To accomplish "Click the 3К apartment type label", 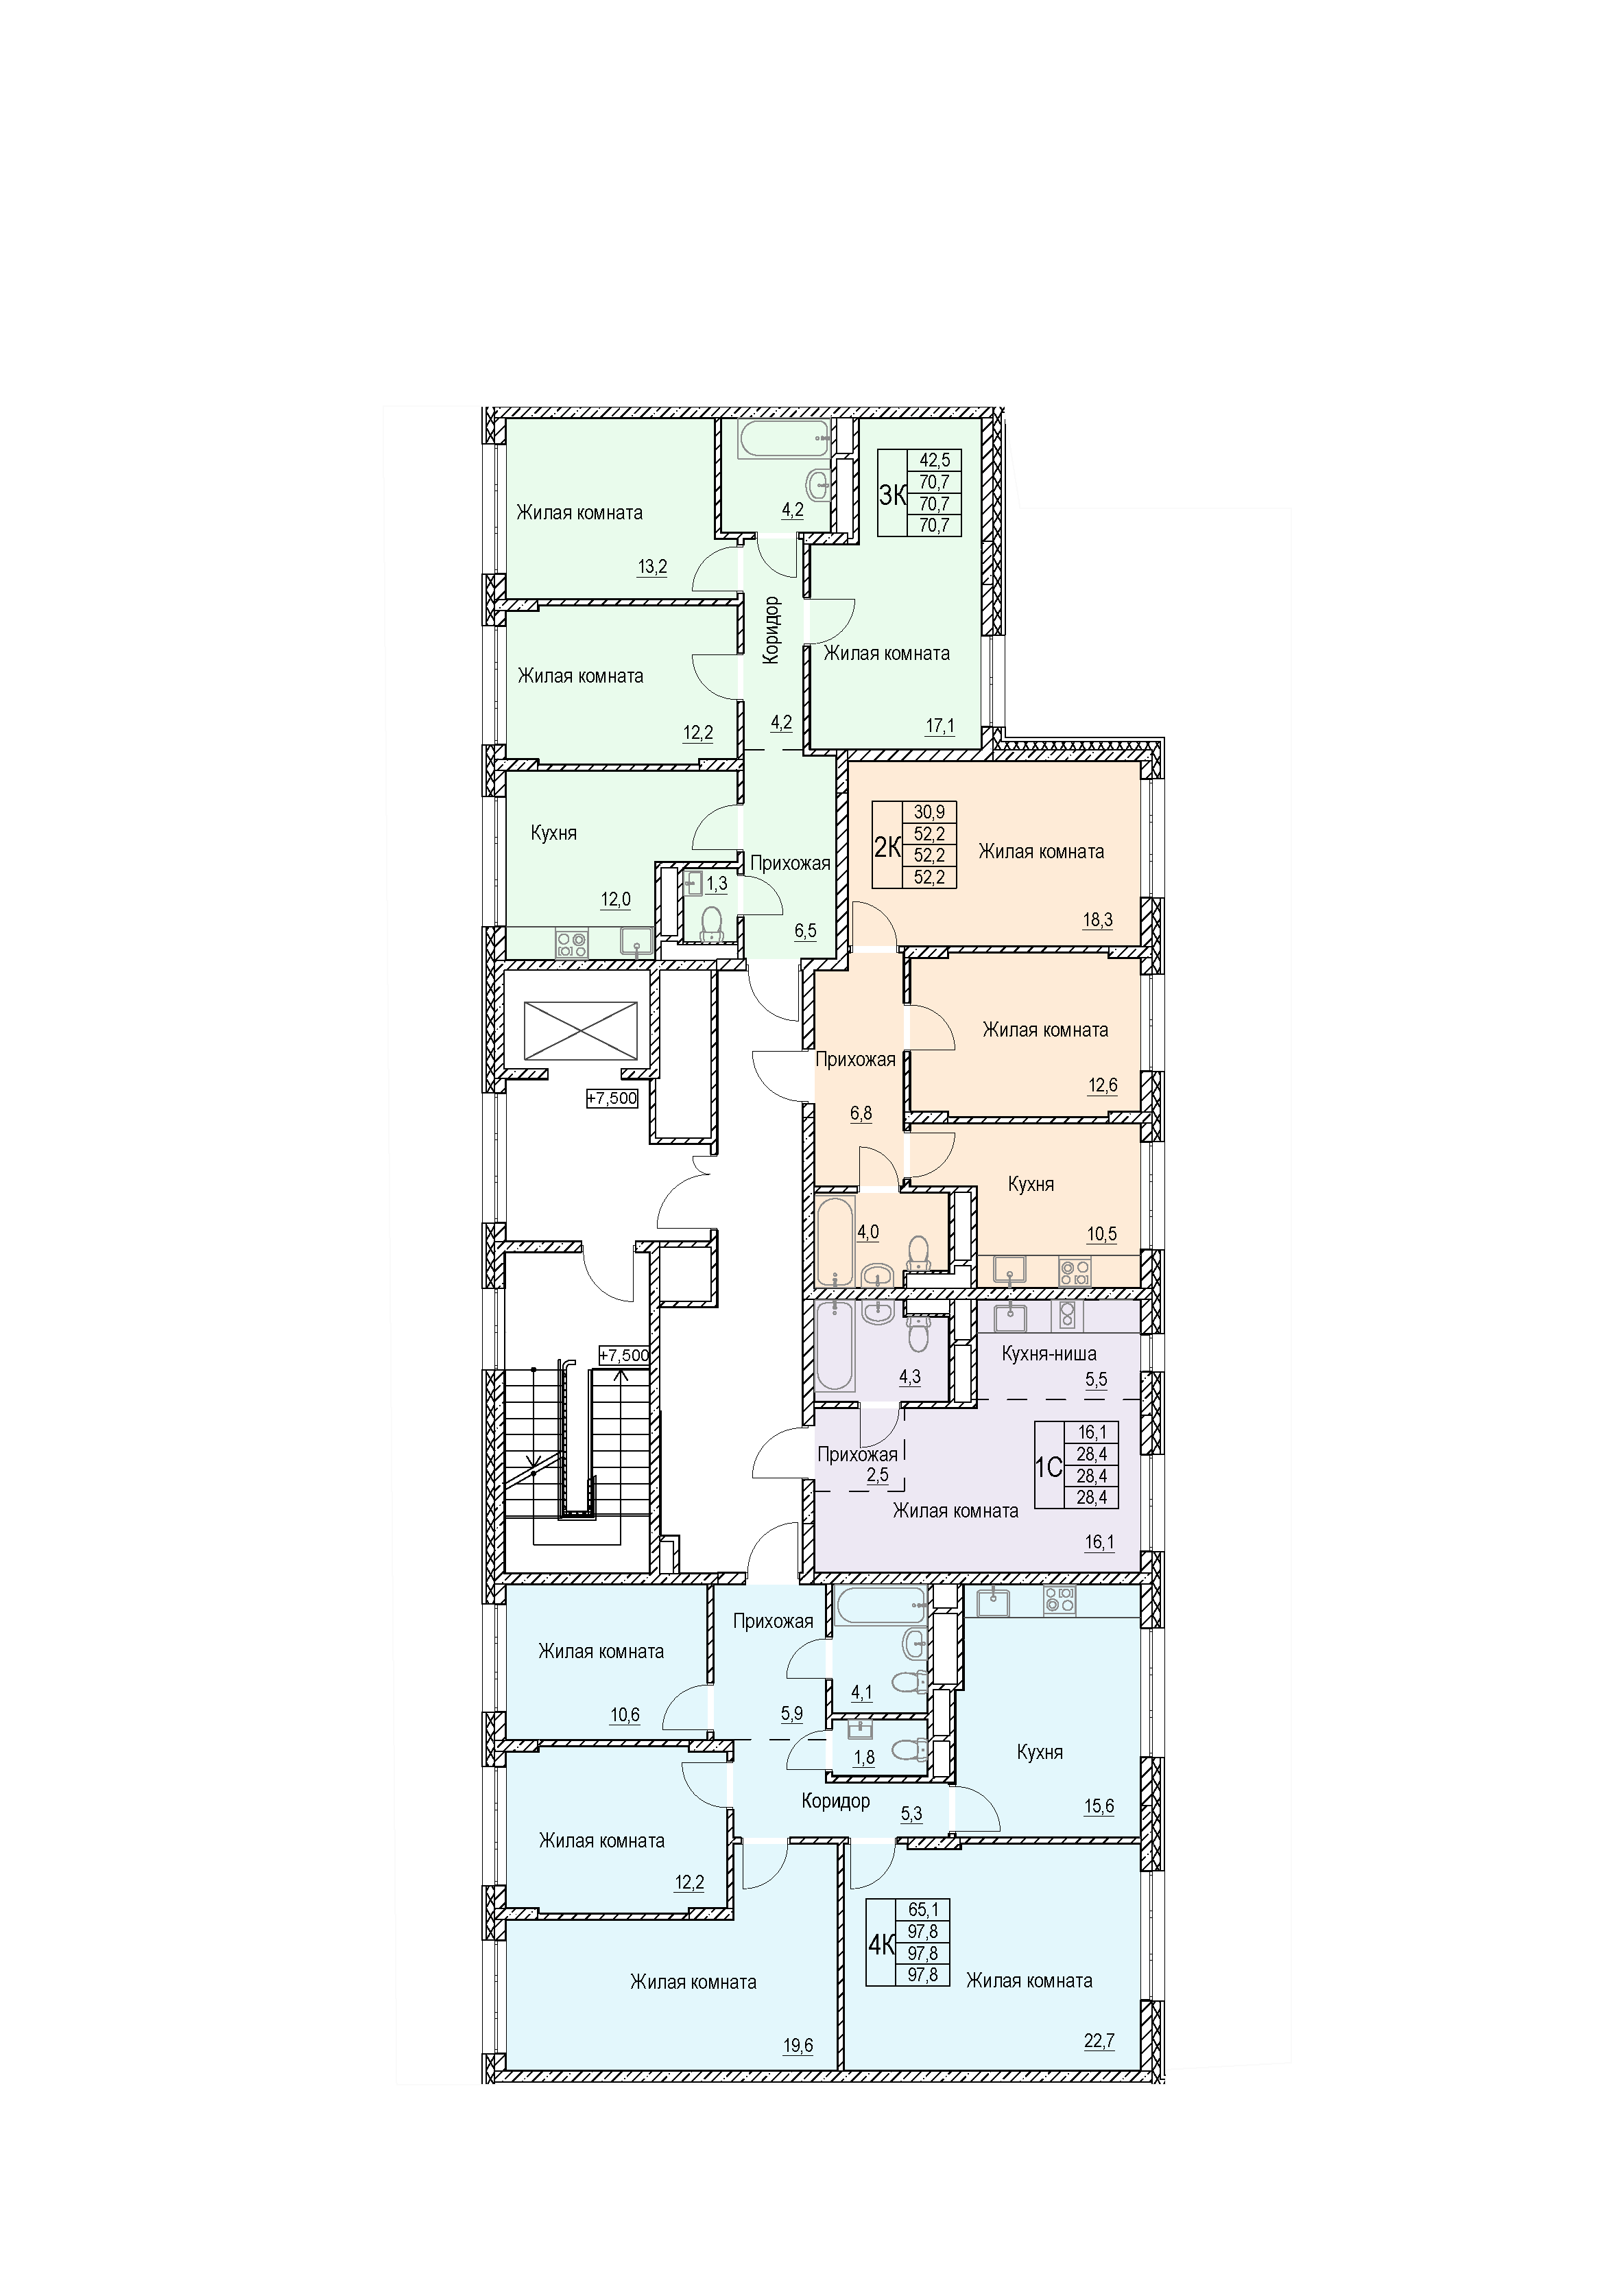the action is pyautogui.click(x=892, y=495).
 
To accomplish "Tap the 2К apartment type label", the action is pyautogui.click(x=887, y=847).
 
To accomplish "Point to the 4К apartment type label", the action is pyautogui.click(x=881, y=1946).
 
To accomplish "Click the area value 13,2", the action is pyautogui.click(x=652, y=567).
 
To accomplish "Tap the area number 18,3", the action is pyautogui.click(x=1097, y=919).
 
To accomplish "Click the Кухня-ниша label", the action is pyautogui.click(x=1049, y=1353).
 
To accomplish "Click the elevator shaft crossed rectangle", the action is pyautogui.click(x=580, y=1031).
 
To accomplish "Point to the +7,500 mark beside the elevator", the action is pyautogui.click(x=612, y=1098).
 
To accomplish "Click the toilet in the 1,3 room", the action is pyautogui.click(x=710, y=923).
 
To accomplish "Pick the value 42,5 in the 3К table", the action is pyautogui.click(x=934, y=460).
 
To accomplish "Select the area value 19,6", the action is pyautogui.click(x=798, y=2046).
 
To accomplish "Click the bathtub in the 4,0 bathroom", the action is pyautogui.click(x=835, y=1242).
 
